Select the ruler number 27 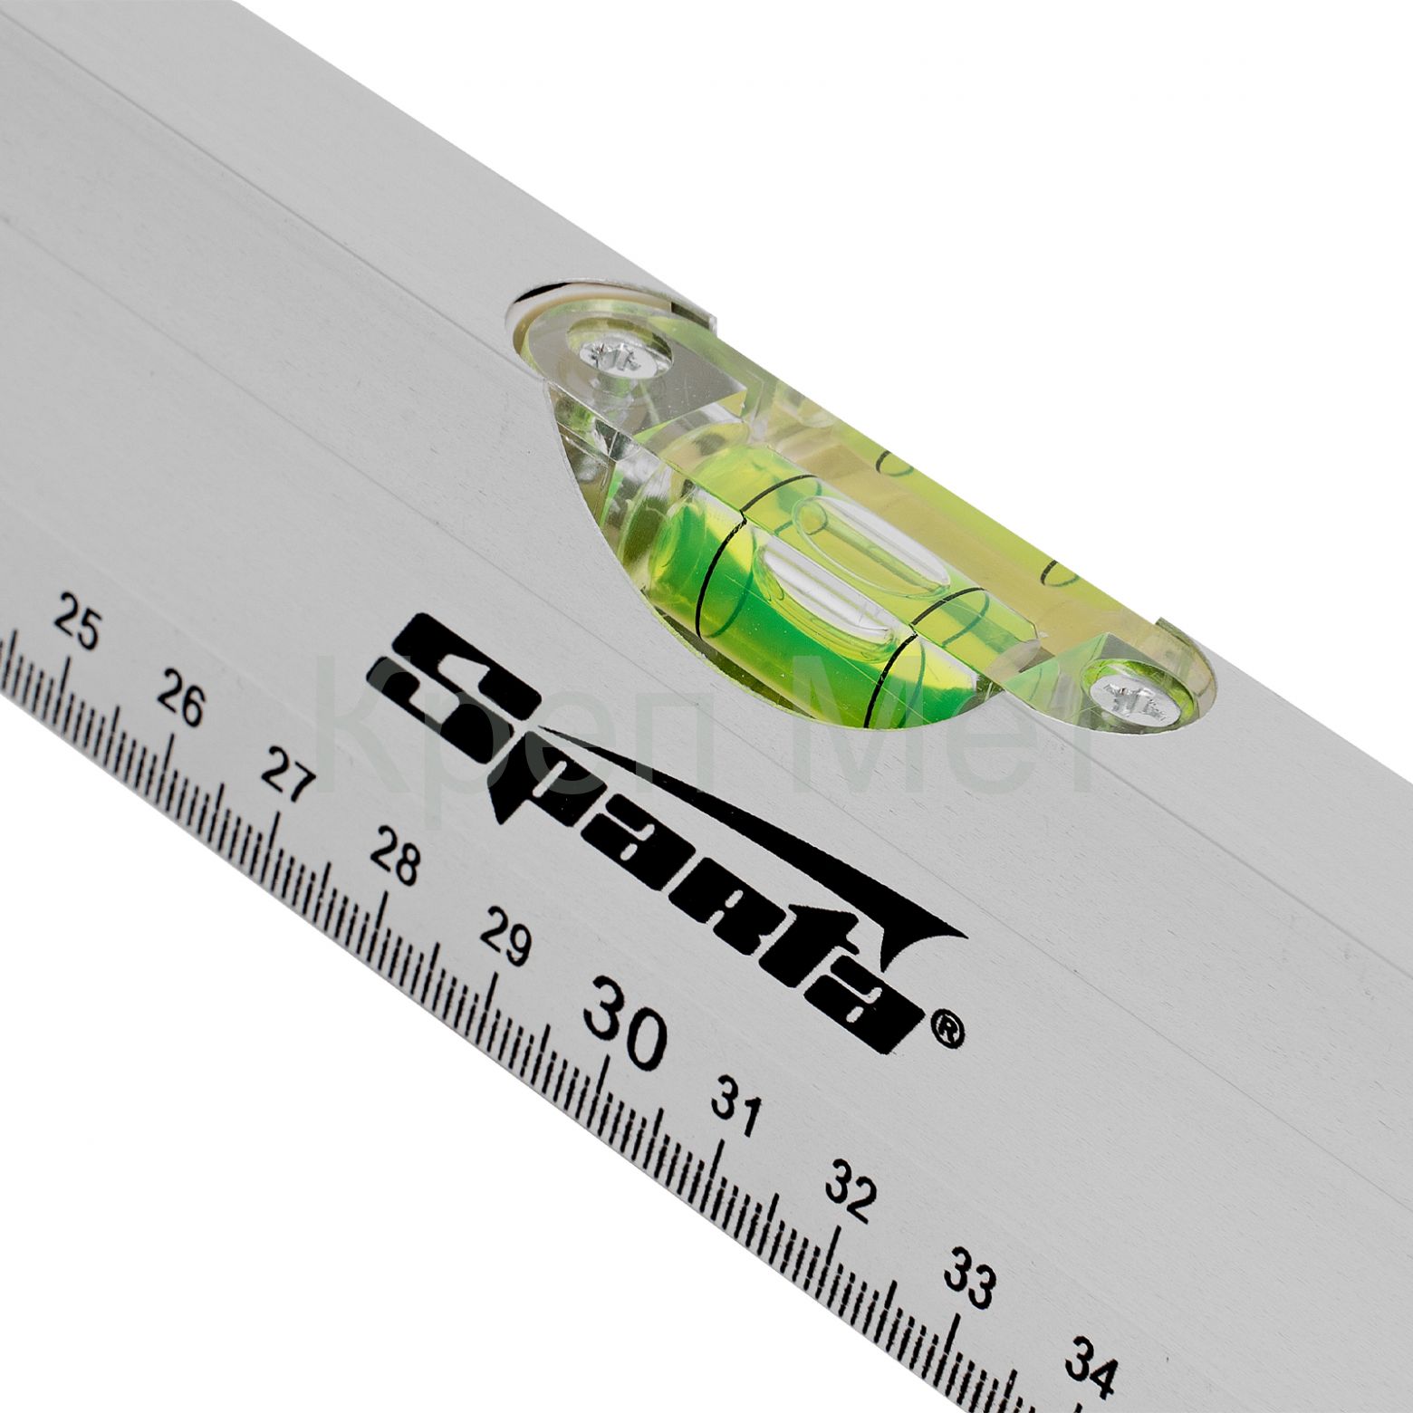click(286, 775)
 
